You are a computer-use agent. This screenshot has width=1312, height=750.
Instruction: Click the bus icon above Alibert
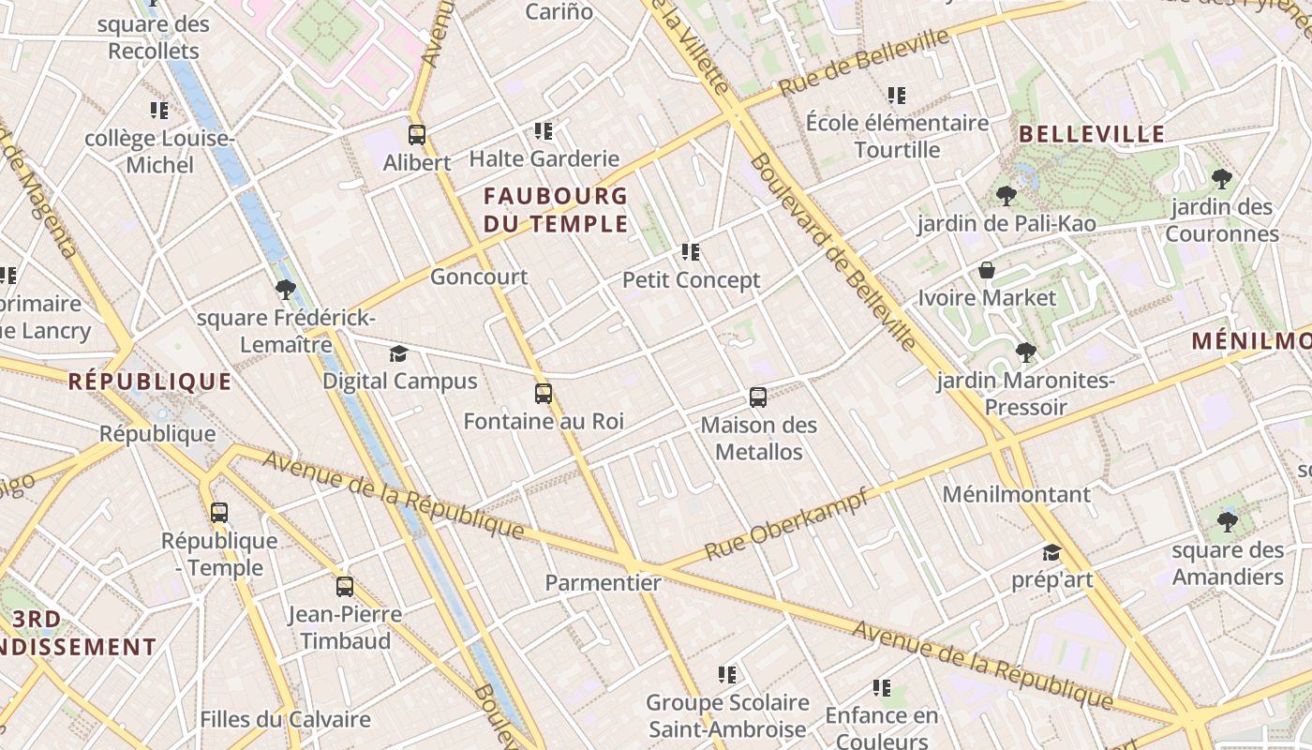(417, 134)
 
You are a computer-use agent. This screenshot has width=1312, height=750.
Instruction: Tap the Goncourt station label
(479, 277)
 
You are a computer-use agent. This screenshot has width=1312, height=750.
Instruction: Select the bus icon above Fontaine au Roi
(544, 394)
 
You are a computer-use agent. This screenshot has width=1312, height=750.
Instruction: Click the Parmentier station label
(603, 582)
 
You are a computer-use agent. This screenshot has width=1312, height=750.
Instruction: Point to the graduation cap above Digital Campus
(399, 353)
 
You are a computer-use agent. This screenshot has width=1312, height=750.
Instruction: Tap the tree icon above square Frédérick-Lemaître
(286, 290)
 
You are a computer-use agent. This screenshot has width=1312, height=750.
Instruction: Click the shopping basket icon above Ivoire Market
(987, 271)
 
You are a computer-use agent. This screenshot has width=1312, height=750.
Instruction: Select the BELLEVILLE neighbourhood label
(1092, 134)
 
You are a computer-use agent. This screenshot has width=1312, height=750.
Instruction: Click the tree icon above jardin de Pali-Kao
(1006, 196)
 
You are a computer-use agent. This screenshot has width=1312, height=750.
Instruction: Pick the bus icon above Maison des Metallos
(758, 397)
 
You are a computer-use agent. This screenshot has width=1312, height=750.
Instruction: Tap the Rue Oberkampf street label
(784, 525)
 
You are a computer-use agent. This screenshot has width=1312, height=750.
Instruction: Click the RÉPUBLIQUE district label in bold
(150, 382)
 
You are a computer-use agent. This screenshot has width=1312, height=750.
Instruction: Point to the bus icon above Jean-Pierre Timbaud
(345, 587)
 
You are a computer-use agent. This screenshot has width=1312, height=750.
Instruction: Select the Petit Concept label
(692, 280)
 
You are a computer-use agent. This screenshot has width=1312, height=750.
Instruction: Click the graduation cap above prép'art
(1051, 552)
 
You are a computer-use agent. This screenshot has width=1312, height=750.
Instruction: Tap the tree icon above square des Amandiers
(1227, 522)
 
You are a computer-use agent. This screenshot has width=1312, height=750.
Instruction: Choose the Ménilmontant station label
(1017, 494)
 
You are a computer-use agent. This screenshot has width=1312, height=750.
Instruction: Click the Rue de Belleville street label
(863, 62)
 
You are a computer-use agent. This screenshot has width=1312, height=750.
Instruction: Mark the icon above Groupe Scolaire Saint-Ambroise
(726, 674)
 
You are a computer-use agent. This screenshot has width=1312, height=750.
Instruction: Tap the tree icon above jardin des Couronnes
(1221, 179)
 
